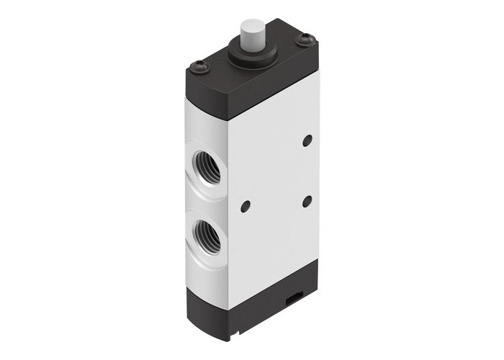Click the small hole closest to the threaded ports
[245, 207]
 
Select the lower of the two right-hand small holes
[307, 200]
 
